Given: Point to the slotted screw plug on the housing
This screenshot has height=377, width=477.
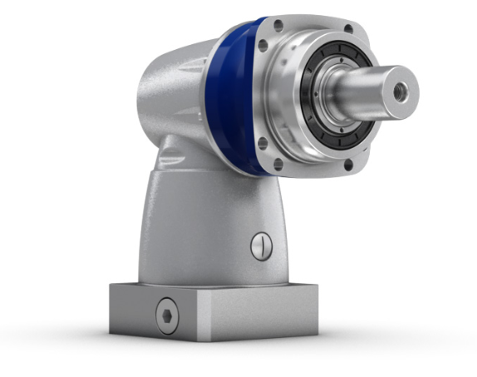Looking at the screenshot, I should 260,245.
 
